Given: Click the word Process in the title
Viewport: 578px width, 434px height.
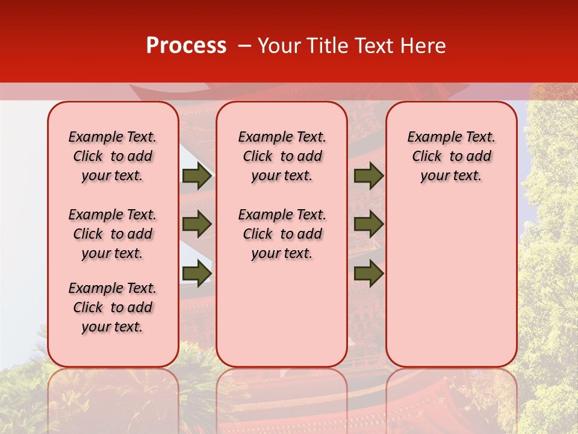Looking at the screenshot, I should (x=186, y=46).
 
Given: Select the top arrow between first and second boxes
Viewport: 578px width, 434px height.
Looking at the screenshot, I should (x=197, y=176).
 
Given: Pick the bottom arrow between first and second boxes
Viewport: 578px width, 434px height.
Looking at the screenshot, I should (x=197, y=273).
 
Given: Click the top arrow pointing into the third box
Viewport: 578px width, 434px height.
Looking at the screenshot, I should (x=368, y=176).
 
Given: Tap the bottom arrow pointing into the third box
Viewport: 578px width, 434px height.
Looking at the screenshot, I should (x=368, y=273).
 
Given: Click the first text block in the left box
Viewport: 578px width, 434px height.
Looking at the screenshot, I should (x=113, y=156).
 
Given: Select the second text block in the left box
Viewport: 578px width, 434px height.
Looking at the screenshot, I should (x=113, y=234).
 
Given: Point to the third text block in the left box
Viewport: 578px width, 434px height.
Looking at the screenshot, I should (x=113, y=307).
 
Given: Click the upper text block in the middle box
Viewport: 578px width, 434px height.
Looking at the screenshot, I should (x=282, y=156).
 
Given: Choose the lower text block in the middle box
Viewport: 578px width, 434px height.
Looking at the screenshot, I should (x=282, y=234).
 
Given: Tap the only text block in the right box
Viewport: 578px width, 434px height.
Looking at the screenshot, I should (x=451, y=156).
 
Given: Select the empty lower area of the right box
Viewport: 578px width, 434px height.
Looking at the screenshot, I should (x=451, y=283).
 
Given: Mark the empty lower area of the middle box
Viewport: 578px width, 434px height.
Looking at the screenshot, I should (x=282, y=313).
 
